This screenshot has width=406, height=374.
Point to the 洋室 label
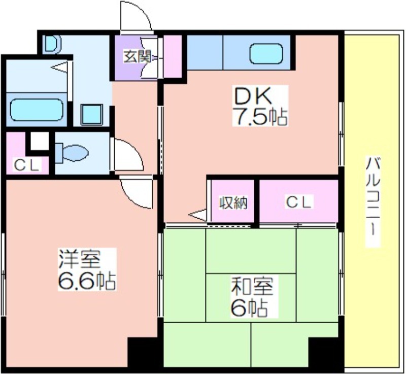click(x=80, y=259)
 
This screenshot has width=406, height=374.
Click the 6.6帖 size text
click(x=86, y=281)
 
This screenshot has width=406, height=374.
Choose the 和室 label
click(x=252, y=287)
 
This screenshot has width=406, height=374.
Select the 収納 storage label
click(x=233, y=203)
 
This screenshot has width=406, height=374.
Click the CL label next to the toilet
click(x=27, y=165)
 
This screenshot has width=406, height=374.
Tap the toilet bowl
click(x=72, y=153)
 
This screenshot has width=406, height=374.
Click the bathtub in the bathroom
click(x=36, y=110)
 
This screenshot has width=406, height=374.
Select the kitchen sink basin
click(x=266, y=53)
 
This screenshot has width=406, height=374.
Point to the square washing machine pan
click(x=92, y=115)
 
